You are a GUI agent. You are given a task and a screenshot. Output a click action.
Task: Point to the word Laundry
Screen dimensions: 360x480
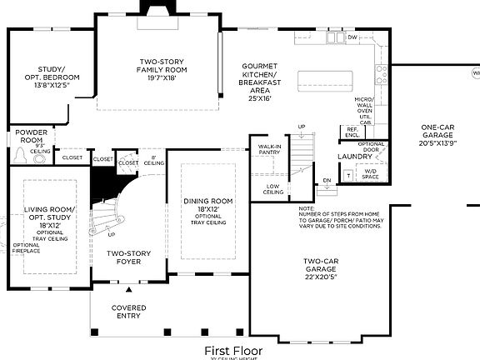click(x=354, y=156)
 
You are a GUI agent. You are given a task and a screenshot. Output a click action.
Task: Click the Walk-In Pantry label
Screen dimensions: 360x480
click(x=269, y=149)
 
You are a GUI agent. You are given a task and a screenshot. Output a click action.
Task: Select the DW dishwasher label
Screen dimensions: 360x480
click(x=352, y=37)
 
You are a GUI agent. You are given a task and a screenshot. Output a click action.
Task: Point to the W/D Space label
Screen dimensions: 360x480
click(x=370, y=174)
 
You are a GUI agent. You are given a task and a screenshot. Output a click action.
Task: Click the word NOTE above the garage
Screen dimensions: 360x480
click(x=305, y=207)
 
